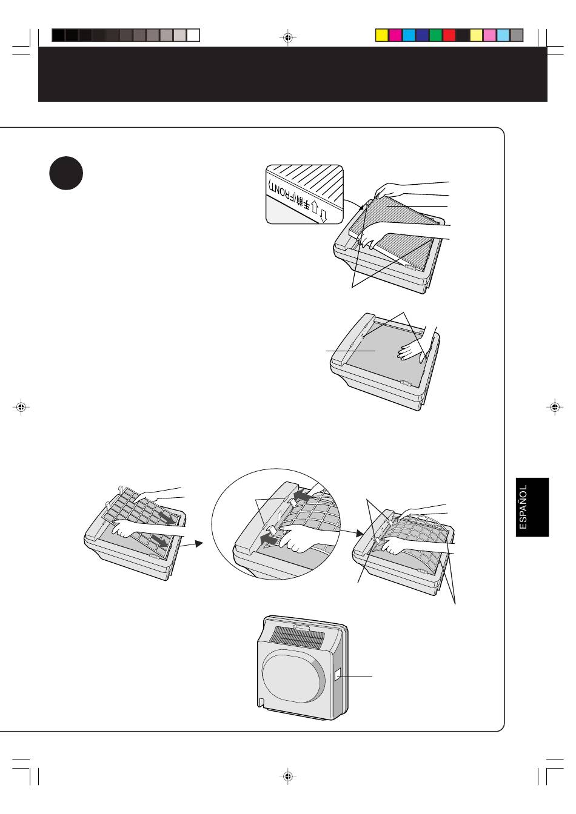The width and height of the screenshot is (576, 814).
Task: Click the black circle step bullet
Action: pos(66,173)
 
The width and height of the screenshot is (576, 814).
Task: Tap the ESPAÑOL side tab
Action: pos(532,507)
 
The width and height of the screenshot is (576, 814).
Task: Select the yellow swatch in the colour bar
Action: pos(381,35)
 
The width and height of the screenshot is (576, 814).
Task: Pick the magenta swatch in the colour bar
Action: pos(395,35)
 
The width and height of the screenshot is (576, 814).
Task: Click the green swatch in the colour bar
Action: pos(435,35)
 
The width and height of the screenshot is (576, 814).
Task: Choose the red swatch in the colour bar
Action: pos(449,35)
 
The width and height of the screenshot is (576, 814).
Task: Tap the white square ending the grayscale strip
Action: pos(193,35)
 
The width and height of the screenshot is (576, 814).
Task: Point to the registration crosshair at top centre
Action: pos(288,38)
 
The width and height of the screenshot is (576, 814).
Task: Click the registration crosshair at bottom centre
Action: pos(288,776)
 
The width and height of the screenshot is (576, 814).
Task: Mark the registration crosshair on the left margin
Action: pos(21,408)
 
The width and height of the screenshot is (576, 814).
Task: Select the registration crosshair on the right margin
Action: pos(555,408)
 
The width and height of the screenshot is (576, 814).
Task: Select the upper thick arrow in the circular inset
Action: pos(301,495)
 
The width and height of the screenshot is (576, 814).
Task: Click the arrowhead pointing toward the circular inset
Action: pos(198,543)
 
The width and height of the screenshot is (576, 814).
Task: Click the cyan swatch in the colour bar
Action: pos(409,35)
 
